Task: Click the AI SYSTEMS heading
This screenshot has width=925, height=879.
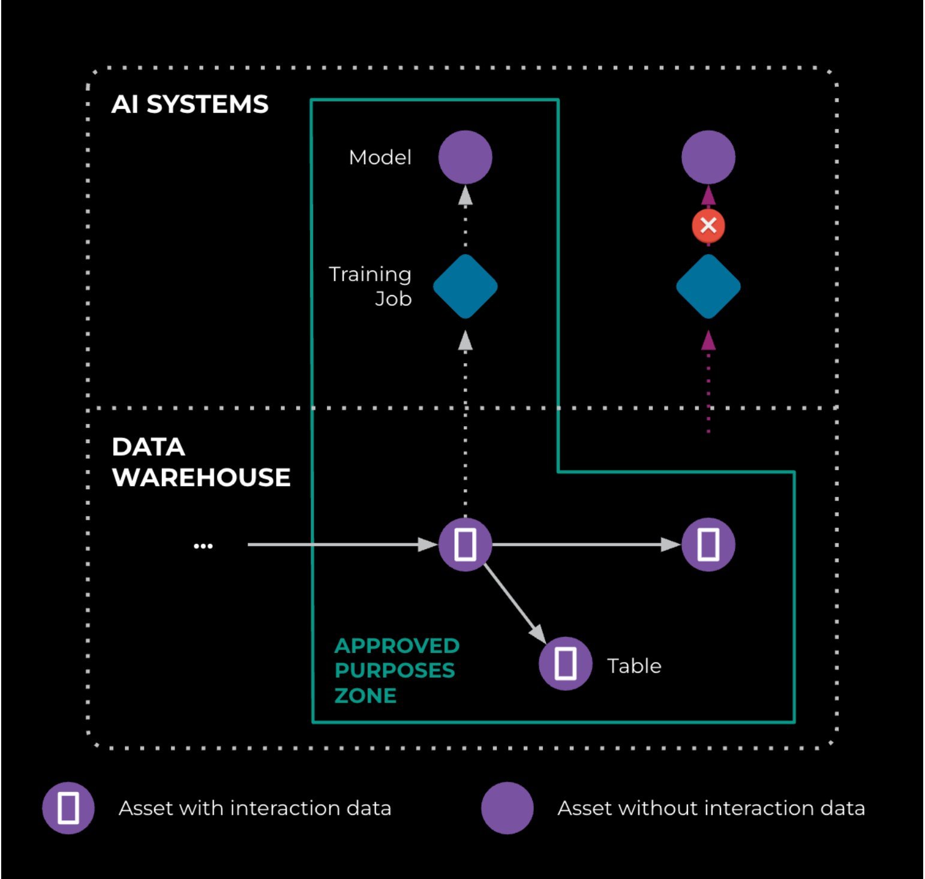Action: point(190,104)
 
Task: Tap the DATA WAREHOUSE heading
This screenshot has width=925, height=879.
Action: point(200,462)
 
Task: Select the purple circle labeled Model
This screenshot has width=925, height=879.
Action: point(465,157)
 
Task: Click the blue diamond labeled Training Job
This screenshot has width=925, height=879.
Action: point(465,287)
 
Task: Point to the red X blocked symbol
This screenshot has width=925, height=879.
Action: point(708,226)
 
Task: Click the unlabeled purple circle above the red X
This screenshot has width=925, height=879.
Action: point(708,157)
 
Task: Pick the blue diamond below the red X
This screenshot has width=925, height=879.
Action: point(708,287)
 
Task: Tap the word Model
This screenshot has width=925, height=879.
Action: point(380,158)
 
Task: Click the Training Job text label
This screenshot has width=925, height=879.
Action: point(371,286)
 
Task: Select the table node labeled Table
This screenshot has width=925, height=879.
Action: point(565,663)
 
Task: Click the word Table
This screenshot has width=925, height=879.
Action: point(634,666)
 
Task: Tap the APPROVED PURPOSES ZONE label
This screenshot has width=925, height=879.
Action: point(396,670)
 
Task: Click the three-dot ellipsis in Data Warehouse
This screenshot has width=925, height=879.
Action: point(203,546)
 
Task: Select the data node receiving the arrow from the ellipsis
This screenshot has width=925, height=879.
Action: point(465,544)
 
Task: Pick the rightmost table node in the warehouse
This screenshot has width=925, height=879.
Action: point(708,544)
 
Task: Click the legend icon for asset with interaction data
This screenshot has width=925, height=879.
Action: point(68,808)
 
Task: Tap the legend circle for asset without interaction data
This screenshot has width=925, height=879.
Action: point(507,808)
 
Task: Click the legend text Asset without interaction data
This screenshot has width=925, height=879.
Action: point(711,808)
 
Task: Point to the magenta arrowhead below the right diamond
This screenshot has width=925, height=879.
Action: point(708,341)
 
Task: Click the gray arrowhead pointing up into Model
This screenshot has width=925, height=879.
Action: point(465,195)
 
